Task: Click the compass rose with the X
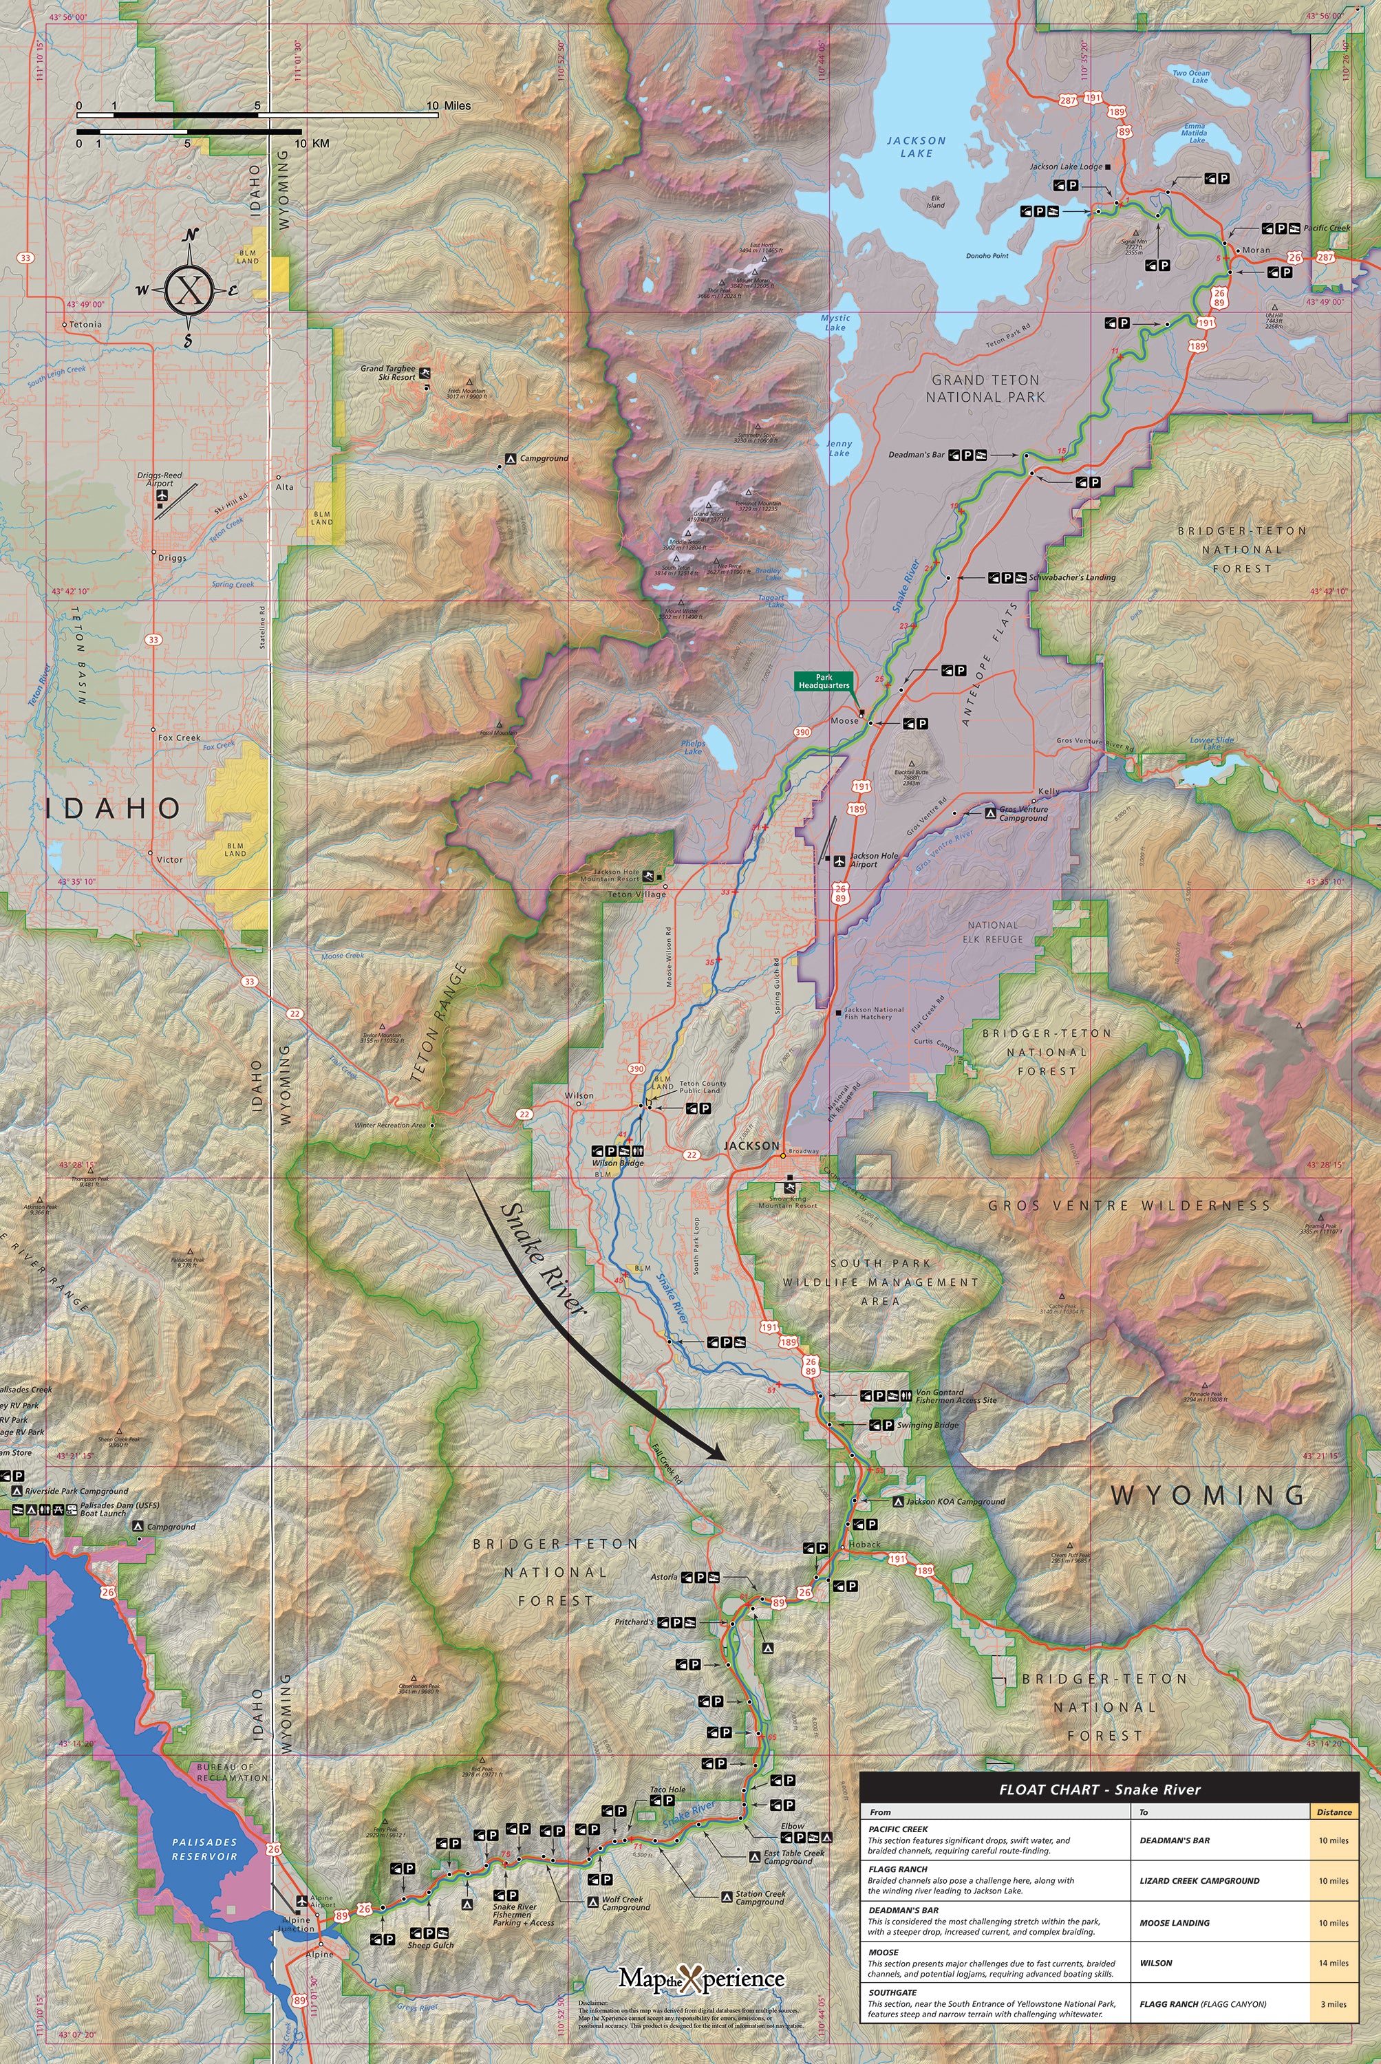click(x=189, y=289)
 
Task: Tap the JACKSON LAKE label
click(x=916, y=146)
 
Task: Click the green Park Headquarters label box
click(x=824, y=680)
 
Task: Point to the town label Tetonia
click(x=85, y=324)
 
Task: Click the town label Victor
click(x=169, y=859)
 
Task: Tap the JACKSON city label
click(x=751, y=1146)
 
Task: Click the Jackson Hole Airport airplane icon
click(x=839, y=859)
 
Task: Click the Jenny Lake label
click(x=839, y=448)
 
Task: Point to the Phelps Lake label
click(x=693, y=746)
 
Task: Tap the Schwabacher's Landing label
click(x=1072, y=578)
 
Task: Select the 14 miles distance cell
click(x=1333, y=1963)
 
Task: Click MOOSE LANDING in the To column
click(x=1174, y=1922)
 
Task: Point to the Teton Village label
click(x=636, y=894)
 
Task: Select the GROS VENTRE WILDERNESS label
click(x=1129, y=1205)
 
